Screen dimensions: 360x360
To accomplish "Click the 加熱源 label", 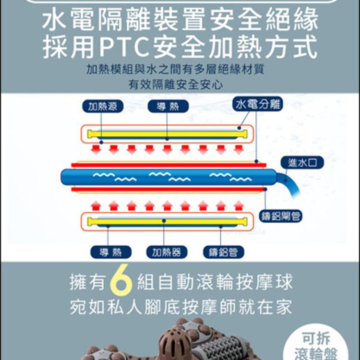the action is click(x=103, y=106).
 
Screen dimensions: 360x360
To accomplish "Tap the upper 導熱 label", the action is click(x=168, y=106).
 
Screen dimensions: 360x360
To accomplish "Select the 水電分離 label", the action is click(x=258, y=104).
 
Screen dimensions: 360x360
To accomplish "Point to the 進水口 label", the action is click(x=302, y=163).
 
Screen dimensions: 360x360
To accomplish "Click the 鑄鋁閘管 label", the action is click(x=281, y=216).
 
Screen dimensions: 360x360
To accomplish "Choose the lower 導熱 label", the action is click(x=111, y=252).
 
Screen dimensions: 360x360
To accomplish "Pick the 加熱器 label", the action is click(x=167, y=252).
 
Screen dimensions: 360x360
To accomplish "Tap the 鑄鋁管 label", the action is click(x=223, y=252).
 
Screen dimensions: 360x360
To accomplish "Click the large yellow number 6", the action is click(x=121, y=280).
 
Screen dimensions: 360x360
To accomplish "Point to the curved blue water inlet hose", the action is click(x=289, y=184).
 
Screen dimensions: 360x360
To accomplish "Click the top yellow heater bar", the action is click(x=167, y=134).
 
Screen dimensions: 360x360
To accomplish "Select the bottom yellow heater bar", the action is click(x=167, y=222).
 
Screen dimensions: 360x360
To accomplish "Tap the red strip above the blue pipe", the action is click(x=169, y=165).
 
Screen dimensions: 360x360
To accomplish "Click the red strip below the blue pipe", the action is click(x=169, y=190).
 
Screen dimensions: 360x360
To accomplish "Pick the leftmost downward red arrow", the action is click(x=96, y=149).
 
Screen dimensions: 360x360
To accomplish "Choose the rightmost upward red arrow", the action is click(x=239, y=206).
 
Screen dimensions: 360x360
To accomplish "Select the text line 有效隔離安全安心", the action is click(x=175, y=84).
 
